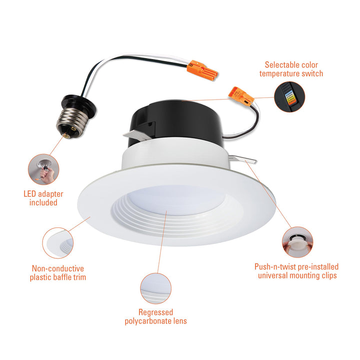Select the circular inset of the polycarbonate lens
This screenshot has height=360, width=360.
tap(155, 288)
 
